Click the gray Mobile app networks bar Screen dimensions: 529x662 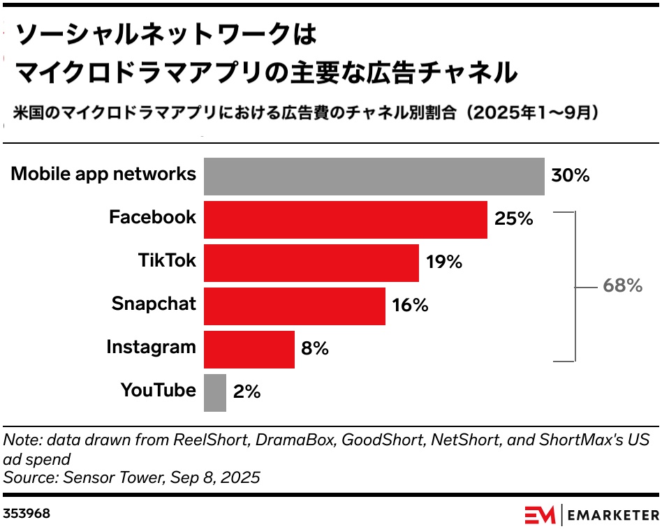pos(374,176)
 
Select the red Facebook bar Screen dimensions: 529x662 pos(345,219)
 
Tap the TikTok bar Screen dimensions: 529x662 pos(311,262)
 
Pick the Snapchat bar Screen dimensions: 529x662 pos(294,306)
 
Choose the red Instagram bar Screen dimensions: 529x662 pos(249,349)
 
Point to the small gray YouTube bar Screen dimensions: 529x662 pos(215,392)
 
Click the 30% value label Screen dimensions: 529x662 pos(570,175)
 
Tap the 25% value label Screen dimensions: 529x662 pos(513,219)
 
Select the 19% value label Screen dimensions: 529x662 pos(443,262)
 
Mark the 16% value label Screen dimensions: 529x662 pos(410,306)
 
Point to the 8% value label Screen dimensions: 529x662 pos(315,349)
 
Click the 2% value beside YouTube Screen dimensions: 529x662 pos(247,392)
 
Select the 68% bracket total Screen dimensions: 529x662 pos(622,285)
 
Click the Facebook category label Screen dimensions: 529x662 pos(152,217)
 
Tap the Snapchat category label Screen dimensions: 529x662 pos(154,304)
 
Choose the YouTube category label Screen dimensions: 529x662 pos(158,390)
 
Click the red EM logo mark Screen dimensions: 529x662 pos(540,515)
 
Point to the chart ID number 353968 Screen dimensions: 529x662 pos(27,514)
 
